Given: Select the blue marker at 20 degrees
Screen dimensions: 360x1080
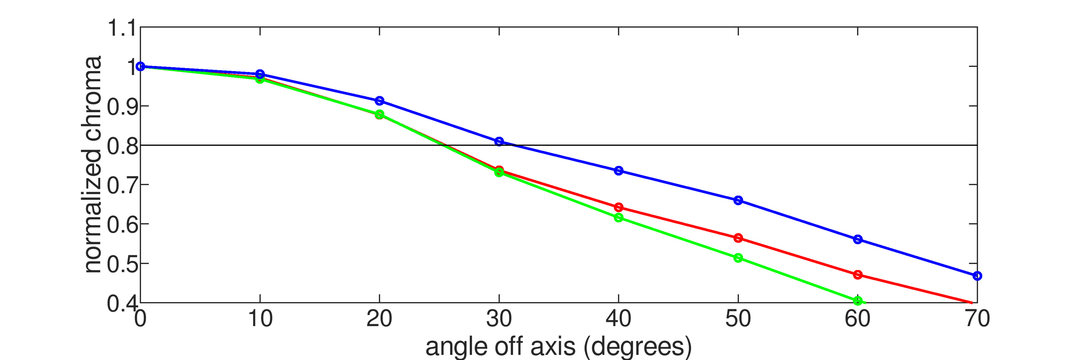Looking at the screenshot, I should pos(379,101).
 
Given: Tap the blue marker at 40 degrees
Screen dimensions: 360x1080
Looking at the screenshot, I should pos(618,170).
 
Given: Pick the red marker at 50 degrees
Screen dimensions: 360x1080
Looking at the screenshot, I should pos(738,238).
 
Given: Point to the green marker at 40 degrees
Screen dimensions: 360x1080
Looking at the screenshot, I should pos(618,217).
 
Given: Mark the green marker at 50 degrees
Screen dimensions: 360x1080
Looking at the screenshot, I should pos(738,258).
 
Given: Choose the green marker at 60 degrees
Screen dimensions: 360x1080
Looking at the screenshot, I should pos(858,300).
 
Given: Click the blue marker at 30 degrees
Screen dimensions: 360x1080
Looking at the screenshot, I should pos(499,141).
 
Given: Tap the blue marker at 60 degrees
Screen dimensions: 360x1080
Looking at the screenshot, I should pos(858,239).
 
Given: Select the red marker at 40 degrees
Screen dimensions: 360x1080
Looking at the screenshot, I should pos(618,208).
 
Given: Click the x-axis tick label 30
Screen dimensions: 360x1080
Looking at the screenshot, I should pos(499,319).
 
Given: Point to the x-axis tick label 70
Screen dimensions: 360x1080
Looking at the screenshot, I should pos(977,319).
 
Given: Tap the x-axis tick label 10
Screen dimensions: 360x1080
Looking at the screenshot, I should pos(260,319).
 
